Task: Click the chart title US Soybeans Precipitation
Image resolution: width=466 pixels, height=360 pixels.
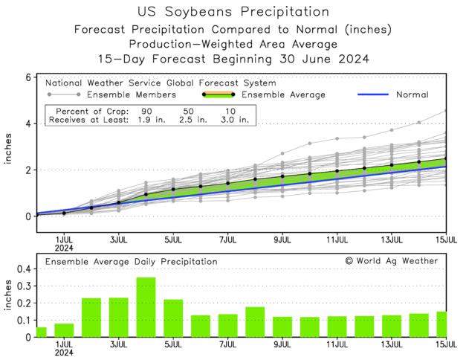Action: (x=233, y=12)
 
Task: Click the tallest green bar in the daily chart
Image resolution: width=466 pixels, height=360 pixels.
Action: (x=146, y=307)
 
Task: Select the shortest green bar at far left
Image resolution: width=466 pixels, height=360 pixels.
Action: (x=42, y=332)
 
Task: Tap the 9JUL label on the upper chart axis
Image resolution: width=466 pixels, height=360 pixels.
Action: (x=282, y=241)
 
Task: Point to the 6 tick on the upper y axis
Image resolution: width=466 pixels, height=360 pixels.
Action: (x=27, y=77)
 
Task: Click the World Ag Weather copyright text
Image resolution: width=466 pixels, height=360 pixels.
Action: (x=391, y=261)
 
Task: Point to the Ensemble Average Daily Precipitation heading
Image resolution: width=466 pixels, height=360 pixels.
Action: (x=131, y=262)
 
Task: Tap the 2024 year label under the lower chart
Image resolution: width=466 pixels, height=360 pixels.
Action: (x=64, y=354)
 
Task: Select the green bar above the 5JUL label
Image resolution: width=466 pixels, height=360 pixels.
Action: (x=173, y=318)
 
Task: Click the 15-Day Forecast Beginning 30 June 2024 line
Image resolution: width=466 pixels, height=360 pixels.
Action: (x=233, y=58)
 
